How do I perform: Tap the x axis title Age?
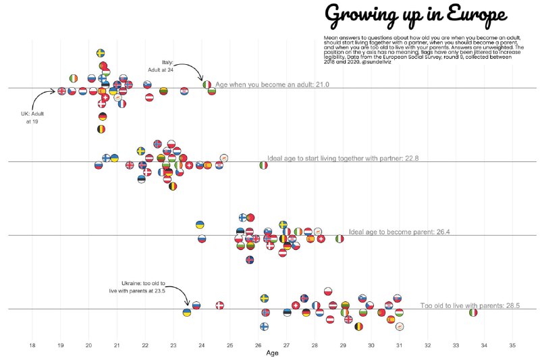tap(272, 353)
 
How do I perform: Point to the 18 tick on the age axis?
tap(32, 345)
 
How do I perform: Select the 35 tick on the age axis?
tap(512, 345)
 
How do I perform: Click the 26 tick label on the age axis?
tap(259, 345)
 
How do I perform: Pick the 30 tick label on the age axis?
tap(371, 345)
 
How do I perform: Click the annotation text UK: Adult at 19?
tap(32, 118)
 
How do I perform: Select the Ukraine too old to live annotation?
tap(138, 287)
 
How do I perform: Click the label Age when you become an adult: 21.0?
tap(272, 85)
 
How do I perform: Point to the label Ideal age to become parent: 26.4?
tap(399, 232)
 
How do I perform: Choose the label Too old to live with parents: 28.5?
tap(470, 306)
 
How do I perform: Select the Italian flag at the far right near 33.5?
tap(474, 312)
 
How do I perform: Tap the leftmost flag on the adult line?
tap(61, 91)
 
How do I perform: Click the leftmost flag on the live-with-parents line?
tap(187, 312)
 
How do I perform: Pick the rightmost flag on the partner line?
tap(263, 164)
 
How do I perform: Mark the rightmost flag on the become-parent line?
tap(340, 238)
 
